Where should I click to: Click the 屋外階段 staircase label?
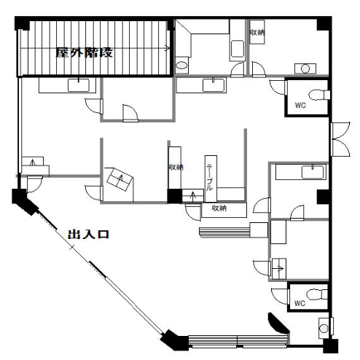(85, 52)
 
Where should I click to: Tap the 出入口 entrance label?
(88, 235)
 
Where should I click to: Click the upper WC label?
(300, 106)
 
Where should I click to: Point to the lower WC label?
(300, 303)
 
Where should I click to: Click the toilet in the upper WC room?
(319, 95)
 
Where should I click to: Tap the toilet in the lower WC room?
(317, 294)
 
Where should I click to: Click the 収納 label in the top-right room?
(257, 32)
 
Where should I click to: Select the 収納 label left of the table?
(176, 167)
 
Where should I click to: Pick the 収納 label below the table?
(219, 208)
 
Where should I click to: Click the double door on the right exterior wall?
(340, 139)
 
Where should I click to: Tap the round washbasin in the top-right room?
(305, 69)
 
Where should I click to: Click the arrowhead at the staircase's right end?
(168, 48)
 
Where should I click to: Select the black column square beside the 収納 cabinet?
(174, 196)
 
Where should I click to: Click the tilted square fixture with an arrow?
(120, 180)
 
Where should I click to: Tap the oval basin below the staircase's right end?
(181, 66)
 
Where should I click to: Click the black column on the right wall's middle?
(323, 197)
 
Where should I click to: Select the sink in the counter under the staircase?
(78, 85)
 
